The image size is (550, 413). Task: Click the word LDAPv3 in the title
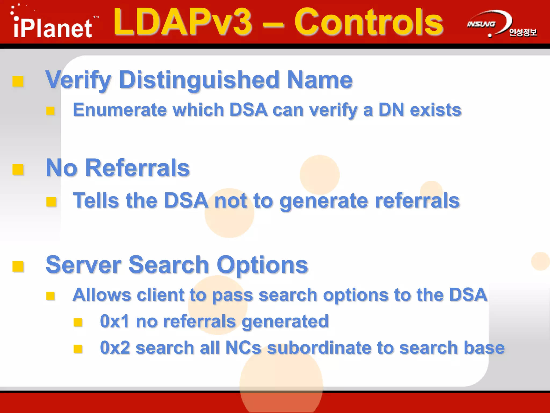pyautogui.click(x=183, y=22)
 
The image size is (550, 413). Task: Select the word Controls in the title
pyautogui.click(x=368, y=22)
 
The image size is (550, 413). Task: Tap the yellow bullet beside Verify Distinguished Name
pyautogui.click(x=18, y=81)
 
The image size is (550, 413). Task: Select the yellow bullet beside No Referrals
pyautogui.click(x=18, y=169)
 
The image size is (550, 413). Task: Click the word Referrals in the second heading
pyautogui.click(x=137, y=168)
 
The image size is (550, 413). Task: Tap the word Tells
pyautogui.click(x=96, y=201)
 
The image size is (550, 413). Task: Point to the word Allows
pyautogui.click(x=102, y=295)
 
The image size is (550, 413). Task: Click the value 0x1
pyautogui.click(x=114, y=321)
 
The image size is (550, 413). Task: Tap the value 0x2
pyautogui.click(x=115, y=348)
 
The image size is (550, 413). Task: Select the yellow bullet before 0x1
pyautogui.click(x=78, y=322)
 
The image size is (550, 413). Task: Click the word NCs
pyautogui.click(x=243, y=348)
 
